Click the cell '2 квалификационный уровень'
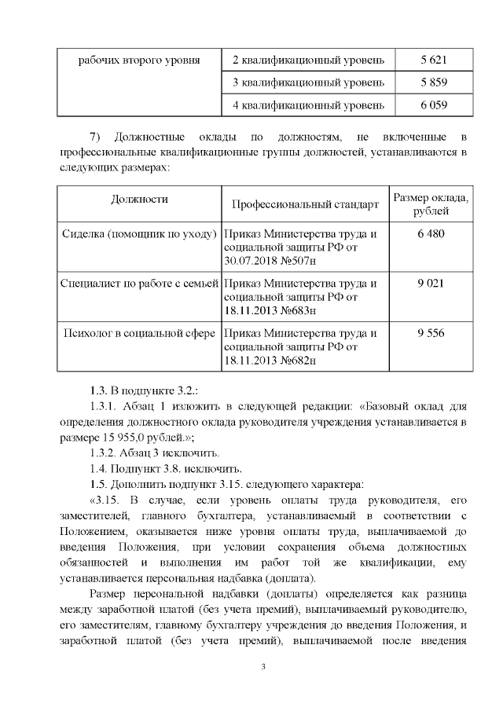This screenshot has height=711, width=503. click(x=309, y=60)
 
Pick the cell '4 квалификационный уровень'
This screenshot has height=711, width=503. click(x=309, y=105)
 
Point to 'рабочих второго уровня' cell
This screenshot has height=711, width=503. click(x=139, y=60)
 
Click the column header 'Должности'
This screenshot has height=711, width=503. click(x=139, y=200)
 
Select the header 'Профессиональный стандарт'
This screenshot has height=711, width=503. click(x=305, y=204)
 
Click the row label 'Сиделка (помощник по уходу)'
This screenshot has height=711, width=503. click(x=139, y=233)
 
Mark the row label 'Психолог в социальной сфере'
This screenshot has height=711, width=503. click(x=139, y=333)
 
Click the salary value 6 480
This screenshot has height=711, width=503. click(x=431, y=233)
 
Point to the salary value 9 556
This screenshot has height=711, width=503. click(x=431, y=333)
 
